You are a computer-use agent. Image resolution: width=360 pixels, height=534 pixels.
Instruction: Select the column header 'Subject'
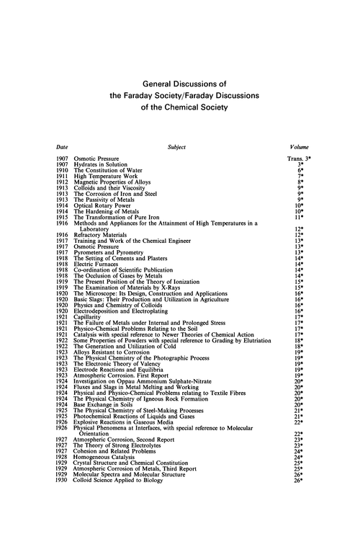[176, 147]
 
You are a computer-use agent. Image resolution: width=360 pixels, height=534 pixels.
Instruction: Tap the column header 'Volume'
[298, 147]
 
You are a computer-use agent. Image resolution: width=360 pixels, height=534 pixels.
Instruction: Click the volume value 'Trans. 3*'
[297, 158]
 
